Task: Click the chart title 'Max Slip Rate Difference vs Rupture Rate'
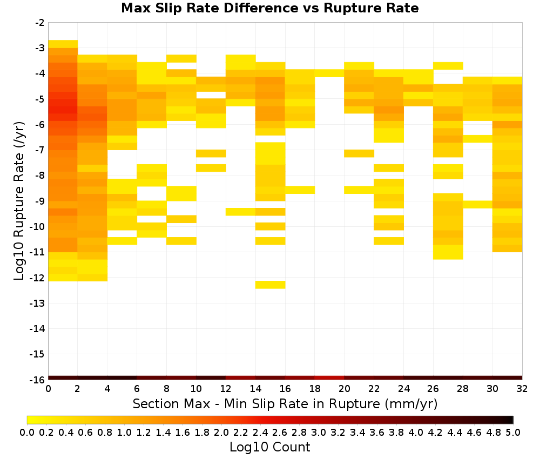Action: tap(269, 8)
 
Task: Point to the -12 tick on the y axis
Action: tap(40, 278)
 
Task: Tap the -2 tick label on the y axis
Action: tap(40, 23)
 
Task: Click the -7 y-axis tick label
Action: tap(40, 150)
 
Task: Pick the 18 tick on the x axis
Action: tap(315, 389)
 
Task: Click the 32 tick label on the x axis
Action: tap(522, 389)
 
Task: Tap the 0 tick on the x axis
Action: tap(48, 389)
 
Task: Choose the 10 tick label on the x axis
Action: tap(197, 389)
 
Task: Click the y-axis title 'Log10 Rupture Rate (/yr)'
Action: tap(19, 201)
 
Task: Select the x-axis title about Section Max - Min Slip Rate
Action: tap(285, 403)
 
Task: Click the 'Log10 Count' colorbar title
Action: tap(269, 447)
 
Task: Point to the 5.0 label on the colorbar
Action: tap(513, 432)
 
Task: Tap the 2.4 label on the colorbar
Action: tap(260, 432)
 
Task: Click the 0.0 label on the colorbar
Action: tap(27, 432)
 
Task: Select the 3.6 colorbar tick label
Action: tap(377, 432)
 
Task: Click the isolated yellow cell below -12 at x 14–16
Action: tap(271, 285)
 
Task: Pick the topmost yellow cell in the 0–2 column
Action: tap(63, 44)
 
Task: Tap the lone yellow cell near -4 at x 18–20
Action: tap(329, 73)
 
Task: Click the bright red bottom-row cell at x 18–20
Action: tap(329, 378)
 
